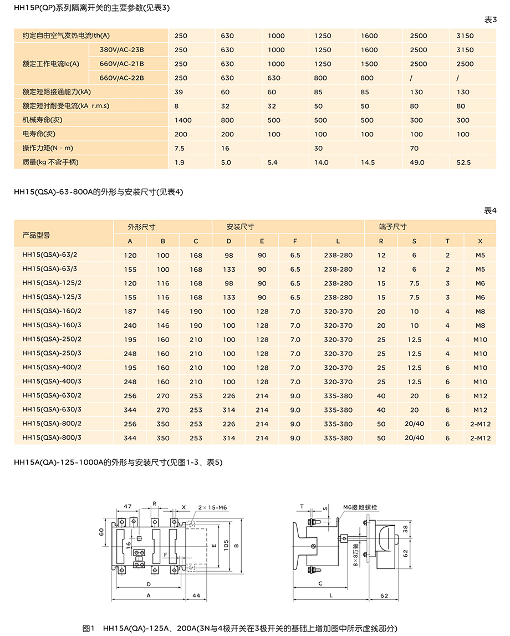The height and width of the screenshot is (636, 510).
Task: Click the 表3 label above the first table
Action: [491, 20]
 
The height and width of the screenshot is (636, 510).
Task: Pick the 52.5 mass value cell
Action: [463, 162]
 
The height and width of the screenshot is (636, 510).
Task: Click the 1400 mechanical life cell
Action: [183, 120]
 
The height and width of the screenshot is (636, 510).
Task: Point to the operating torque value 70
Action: [414, 149]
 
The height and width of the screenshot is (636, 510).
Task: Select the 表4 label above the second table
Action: [491, 211]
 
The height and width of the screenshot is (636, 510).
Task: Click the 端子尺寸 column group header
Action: [393, 227]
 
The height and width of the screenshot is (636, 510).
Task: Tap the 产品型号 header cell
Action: [36, 235]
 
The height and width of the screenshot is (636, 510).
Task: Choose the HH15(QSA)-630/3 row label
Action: [52, 410]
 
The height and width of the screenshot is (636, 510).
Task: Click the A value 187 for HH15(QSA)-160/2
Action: [130, 312]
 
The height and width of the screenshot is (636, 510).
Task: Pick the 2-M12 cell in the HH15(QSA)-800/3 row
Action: [480, 438]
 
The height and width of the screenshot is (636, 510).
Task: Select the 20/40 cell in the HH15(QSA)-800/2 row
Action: [414, 424]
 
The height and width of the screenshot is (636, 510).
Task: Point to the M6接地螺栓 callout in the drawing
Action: [360, 507]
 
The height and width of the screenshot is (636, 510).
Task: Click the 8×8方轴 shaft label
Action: [356, 554]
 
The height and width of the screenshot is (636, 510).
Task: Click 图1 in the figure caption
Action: [89, 628]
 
